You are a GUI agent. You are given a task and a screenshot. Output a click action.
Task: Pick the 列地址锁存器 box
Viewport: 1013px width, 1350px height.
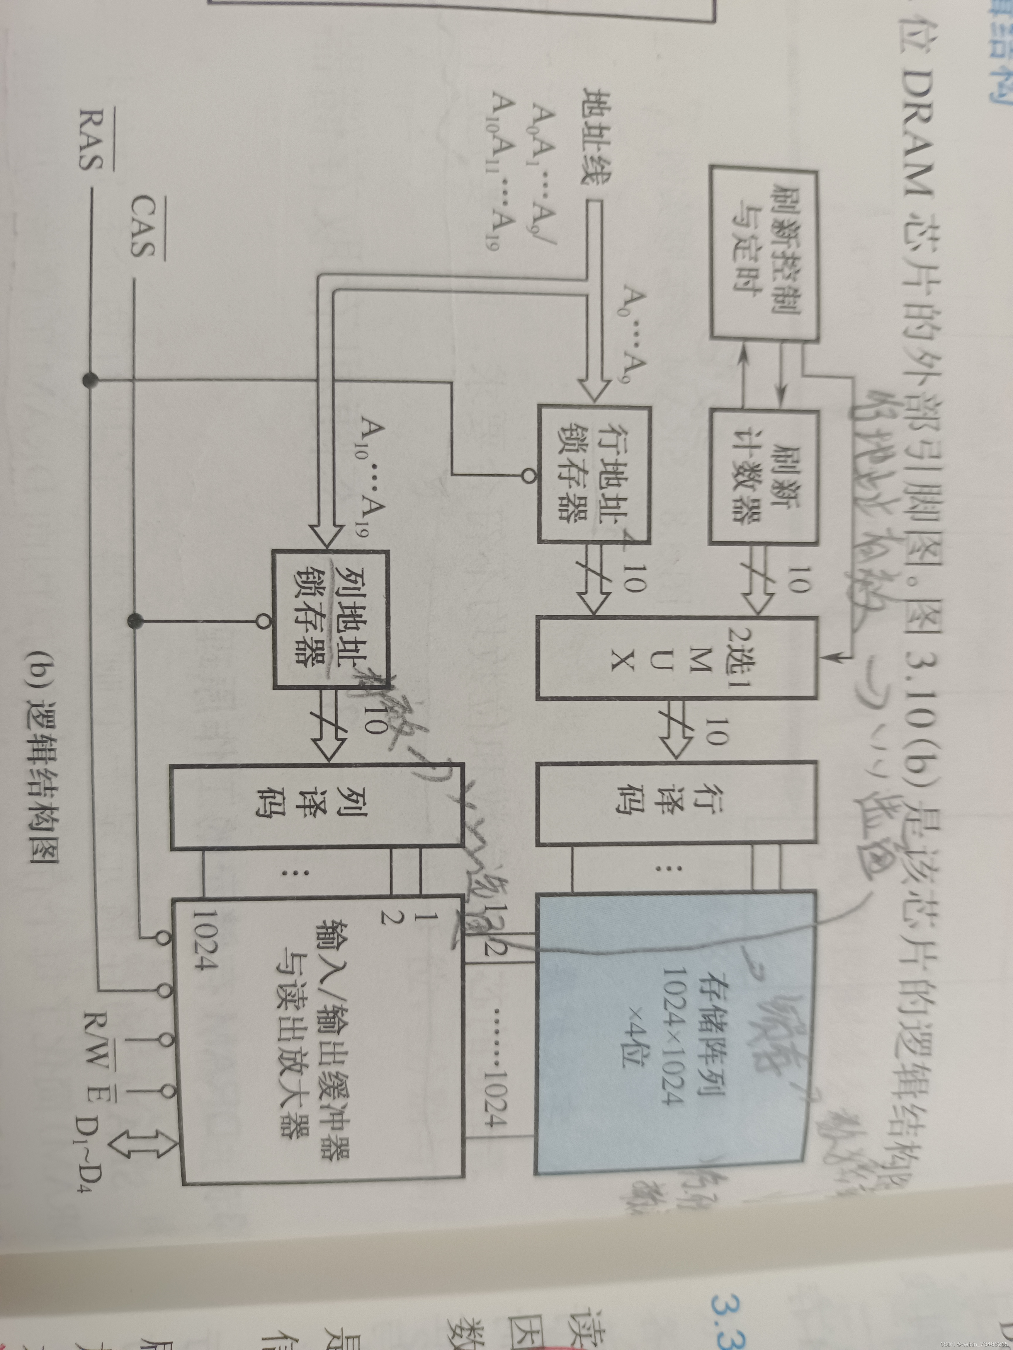[330, 619]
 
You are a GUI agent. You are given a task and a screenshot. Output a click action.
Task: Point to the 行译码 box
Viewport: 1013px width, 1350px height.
[676, 802]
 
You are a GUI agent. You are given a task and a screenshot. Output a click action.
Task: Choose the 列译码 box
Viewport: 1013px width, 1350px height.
[316, 806]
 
